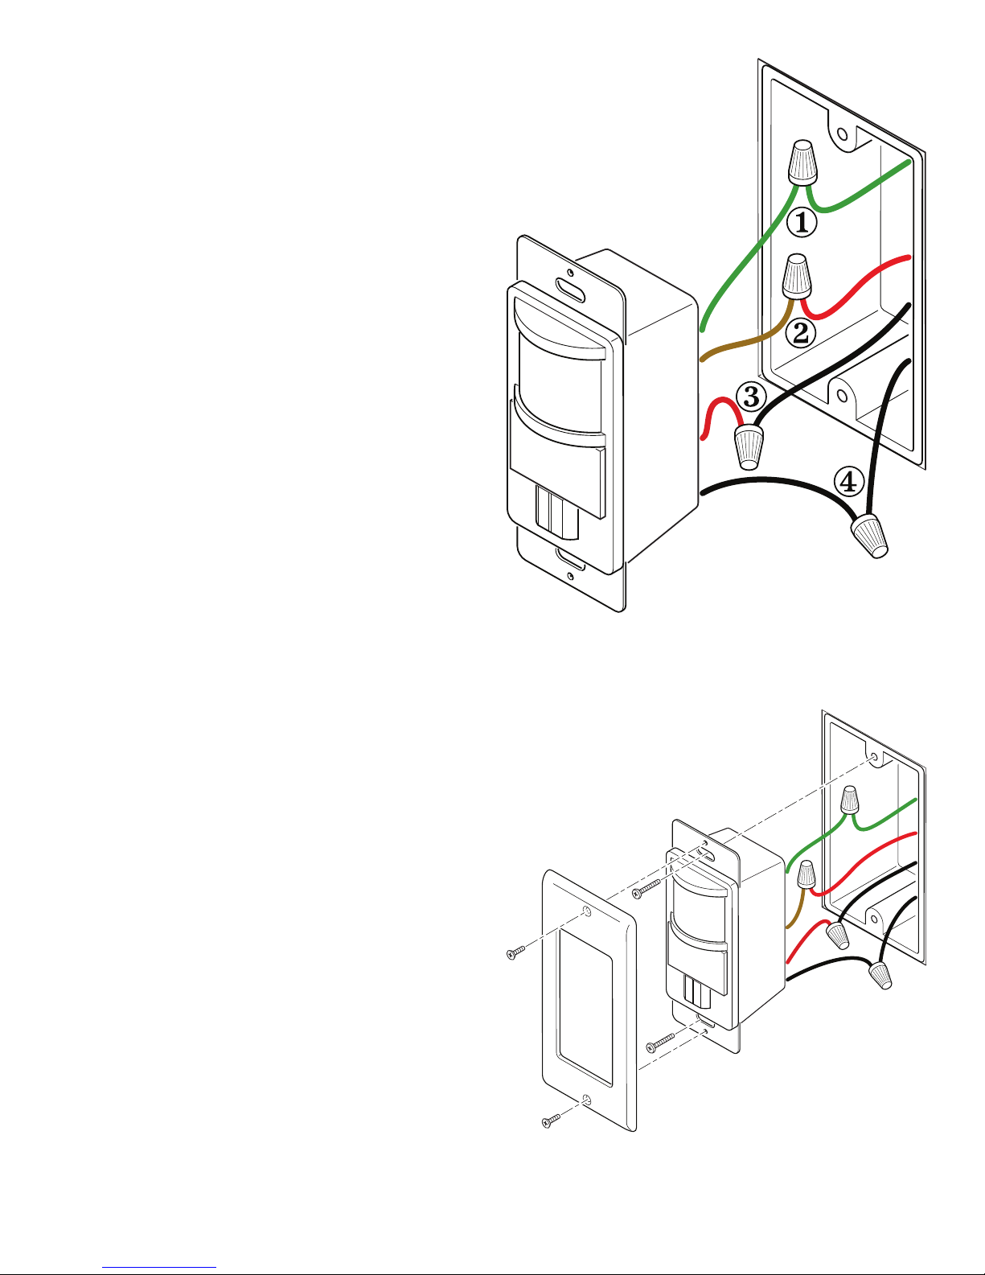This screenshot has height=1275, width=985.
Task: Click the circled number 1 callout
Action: click(801, 222)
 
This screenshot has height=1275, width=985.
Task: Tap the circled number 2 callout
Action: click(800, 333)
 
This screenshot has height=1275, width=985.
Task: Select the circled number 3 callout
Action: click(751, 396)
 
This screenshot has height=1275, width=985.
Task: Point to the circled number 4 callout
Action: click(848, 483)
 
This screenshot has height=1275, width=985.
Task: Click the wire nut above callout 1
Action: click(802, 162)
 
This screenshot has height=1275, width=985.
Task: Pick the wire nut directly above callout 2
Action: click(797, 276)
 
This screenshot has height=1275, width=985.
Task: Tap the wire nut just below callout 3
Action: click(749, 448)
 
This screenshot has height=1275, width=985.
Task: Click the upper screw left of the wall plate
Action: click(517, 952)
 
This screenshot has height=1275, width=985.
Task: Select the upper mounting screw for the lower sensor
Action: click(646, 888)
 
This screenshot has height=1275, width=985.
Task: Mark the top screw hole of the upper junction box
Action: click(843, 135)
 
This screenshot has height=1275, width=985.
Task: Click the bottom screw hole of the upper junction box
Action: click(843, 396)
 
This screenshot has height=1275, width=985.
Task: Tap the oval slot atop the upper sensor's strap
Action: click(570, 290)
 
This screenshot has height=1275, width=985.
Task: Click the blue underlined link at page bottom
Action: click(159, 1265)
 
